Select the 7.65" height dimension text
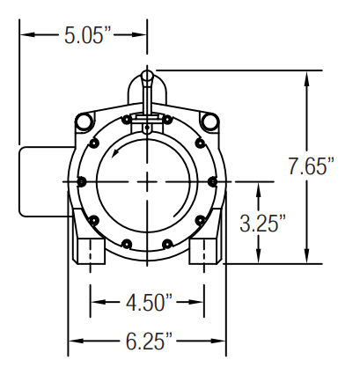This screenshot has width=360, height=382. pyautogui.click(x=312, y=166)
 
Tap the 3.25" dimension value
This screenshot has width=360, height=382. pyautogui.click(x=262, y=224)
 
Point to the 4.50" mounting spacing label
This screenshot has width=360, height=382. pyautogui.click(x=149, y=302)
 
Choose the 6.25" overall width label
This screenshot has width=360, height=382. pyautogui.click(x=149, y=341)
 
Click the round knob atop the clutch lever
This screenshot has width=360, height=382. pyautogui.click(x=147, y=75)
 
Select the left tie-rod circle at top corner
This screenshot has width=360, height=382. pyautogui.click(x=84, y=121)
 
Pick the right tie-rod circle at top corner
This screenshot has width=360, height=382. pyautogui.click(x=210, y=121)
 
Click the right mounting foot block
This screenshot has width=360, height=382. pyautogui.click(x=204, y=251)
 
